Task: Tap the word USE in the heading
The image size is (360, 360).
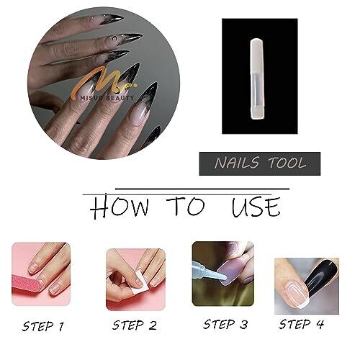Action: pyautogui.click(x=256, y=207)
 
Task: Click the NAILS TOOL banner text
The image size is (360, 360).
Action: pyautogui.click(x=260, y=163)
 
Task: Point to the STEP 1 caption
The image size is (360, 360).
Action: pyautogui.click(x=43, y=326)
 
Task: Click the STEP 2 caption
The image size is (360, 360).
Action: pyautogui.click(x=135, y=325)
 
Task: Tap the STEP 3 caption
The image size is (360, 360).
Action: pyautogui.click(x=225, y=324)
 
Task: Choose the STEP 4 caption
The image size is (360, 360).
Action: pyautogui.click(x=302, y=324)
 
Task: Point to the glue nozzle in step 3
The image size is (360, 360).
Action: pyautogui.click(x=210, y=271)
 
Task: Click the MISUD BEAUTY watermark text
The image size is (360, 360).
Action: pyautogui.click(x=107, y=98)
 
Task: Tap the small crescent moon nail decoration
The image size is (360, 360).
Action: pyautogui.click(x=115, y=38)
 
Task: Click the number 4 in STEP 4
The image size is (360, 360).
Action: pyautogui.click(x=320, y=324)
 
